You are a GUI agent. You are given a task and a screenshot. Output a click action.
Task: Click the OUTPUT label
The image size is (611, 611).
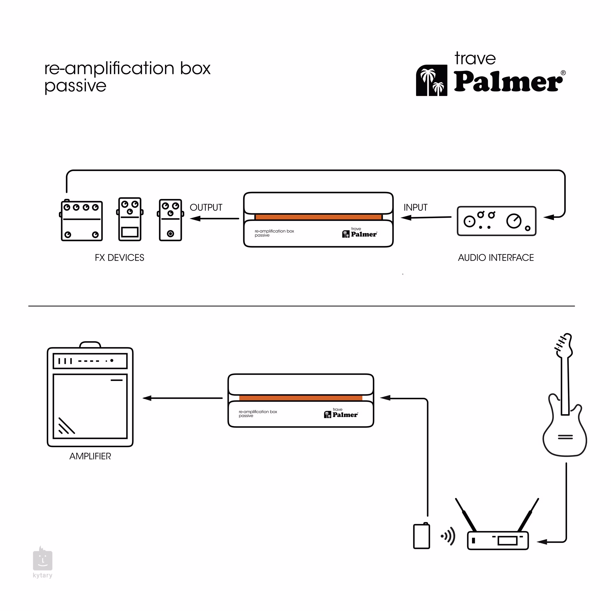coord(206,207)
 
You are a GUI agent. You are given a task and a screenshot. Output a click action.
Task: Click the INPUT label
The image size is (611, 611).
coord(415,207)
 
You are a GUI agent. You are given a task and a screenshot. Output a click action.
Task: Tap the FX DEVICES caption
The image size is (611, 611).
coord(119,258)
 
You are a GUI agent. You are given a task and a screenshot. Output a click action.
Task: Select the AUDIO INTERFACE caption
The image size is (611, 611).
coord(496,258)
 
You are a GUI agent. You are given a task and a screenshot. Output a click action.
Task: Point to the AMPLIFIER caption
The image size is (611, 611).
coord(90,456)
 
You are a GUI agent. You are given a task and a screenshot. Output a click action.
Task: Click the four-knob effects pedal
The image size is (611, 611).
coord(82,221)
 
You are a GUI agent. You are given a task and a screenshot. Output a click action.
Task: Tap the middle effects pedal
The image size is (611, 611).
coord(130,219)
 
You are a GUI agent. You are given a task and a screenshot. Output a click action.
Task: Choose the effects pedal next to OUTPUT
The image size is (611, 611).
coord(170,220)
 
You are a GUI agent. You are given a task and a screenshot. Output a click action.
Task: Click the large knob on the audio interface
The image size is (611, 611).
coord(514,221)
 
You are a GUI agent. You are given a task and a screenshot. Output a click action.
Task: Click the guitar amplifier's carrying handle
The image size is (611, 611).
coord(90,344)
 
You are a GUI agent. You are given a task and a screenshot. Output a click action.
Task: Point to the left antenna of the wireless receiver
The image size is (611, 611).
coord(466,515)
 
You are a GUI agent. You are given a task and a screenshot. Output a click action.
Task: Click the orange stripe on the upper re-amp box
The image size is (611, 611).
coord(318,217)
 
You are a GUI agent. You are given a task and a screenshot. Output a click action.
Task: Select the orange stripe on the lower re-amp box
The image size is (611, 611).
coord(301,398)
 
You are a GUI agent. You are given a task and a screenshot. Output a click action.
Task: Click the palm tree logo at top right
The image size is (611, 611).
coord(431,80)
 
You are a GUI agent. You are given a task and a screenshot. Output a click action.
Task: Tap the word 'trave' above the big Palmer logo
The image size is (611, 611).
coord(475,59)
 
